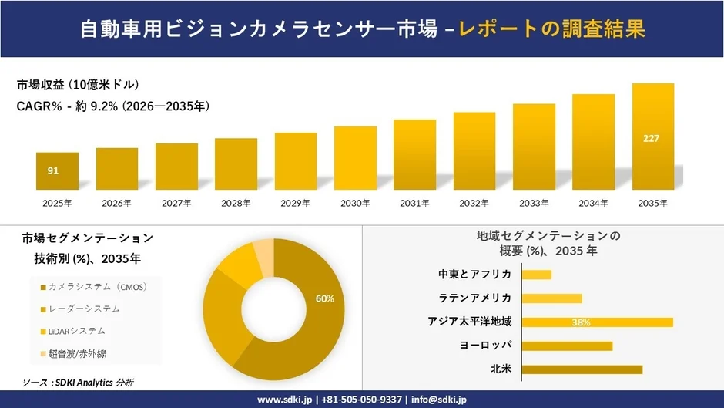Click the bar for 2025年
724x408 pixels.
pos(58,171)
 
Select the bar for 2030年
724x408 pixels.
pos(355,158)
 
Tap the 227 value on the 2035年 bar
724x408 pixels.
pos(652,139)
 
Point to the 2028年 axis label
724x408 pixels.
pos(236,203)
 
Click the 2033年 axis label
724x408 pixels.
pos(534,203)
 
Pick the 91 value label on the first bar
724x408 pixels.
pos(53,170)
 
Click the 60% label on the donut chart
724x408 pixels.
pos(325,298)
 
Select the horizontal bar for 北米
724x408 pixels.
pos(582,369)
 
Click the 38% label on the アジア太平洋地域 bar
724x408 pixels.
pos(581,322)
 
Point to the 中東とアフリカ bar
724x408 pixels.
pos(537,275)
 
